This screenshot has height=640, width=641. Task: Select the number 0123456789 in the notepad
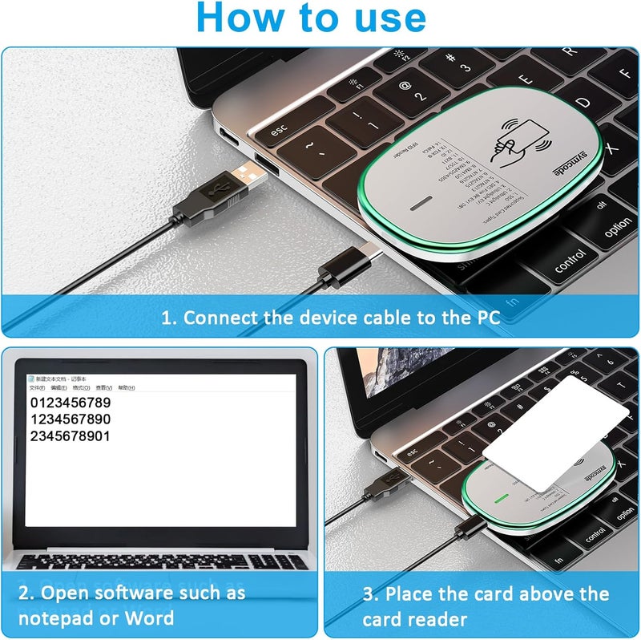tap(70, 402)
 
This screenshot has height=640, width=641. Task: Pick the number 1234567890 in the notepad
tap(70, 419)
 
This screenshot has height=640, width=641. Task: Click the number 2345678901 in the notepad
tap(70, 436)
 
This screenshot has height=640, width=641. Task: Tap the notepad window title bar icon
tap(31, 379)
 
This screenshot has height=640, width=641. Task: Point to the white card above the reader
tap(561, 425)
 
